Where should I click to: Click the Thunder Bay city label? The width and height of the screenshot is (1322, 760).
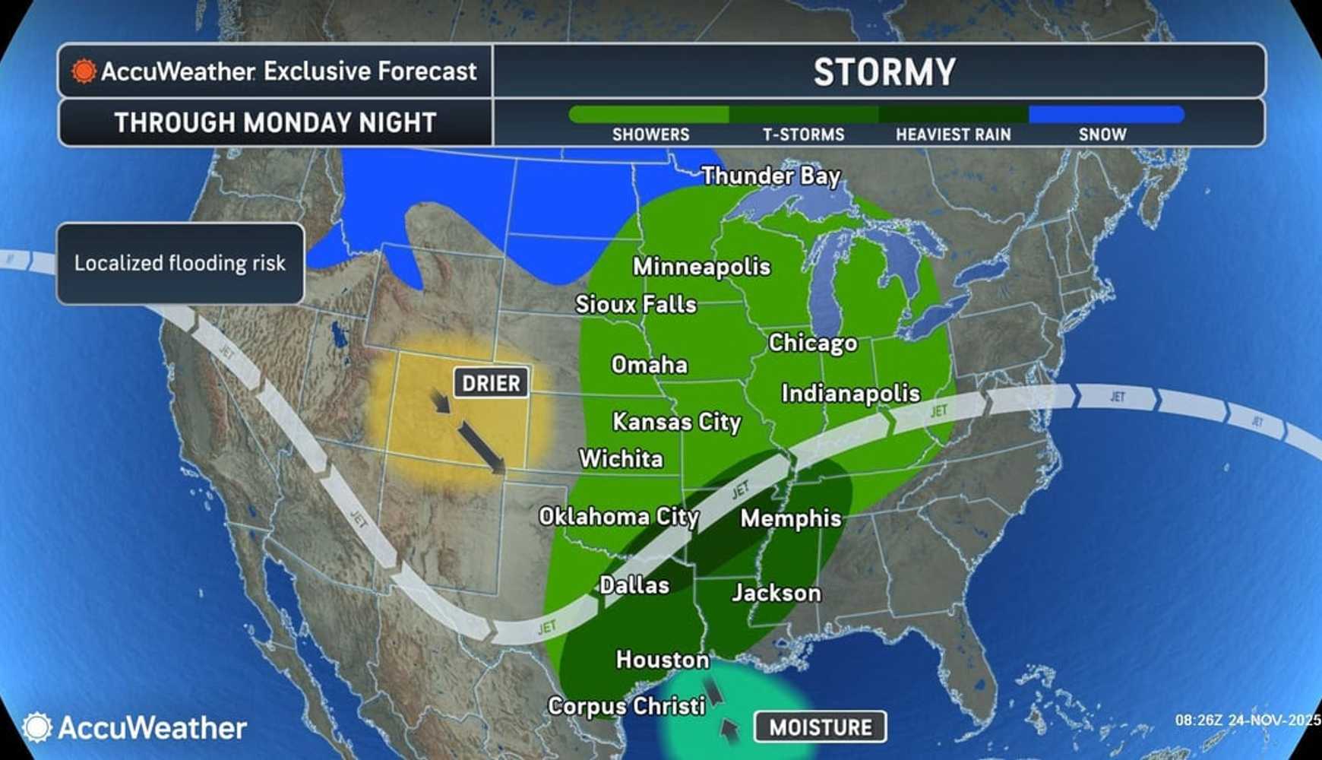tap(770, 176)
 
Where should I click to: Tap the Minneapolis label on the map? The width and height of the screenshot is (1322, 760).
tap(701, 267)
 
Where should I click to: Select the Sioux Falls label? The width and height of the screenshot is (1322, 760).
tap(635, 305)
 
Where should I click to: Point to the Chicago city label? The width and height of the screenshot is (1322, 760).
tap(812, 343)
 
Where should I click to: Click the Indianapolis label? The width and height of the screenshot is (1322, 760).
tap(850, 393)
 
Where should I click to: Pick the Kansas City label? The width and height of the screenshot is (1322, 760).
tap(676, 422)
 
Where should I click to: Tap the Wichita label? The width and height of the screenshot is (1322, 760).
tap(621, 459)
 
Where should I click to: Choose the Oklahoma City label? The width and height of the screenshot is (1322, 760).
tap(618, 517)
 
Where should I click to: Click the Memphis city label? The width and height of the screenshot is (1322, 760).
tap(791, 518)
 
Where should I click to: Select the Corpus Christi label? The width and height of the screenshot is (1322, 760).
tap(626, 706)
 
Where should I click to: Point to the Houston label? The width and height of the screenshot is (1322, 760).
tap(663, 659)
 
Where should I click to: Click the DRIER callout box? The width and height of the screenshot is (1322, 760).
tap(491, 383)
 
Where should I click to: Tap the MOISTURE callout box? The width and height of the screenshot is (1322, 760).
tap(820, 727)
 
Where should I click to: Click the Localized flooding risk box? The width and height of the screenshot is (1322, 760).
tap(180, 264)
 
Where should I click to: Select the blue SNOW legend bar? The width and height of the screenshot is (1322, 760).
tap(1105, 115)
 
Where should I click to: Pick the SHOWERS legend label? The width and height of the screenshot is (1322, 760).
tap(650, 135)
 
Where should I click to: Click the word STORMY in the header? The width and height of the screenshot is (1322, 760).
tap(884, 72)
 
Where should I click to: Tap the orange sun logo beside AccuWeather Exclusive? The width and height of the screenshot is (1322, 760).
tap(84, 71)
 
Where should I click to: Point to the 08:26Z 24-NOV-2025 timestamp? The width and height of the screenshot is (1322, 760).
tap(1246, 720)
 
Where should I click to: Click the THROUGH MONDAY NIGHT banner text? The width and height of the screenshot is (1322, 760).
tap(275, 122)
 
